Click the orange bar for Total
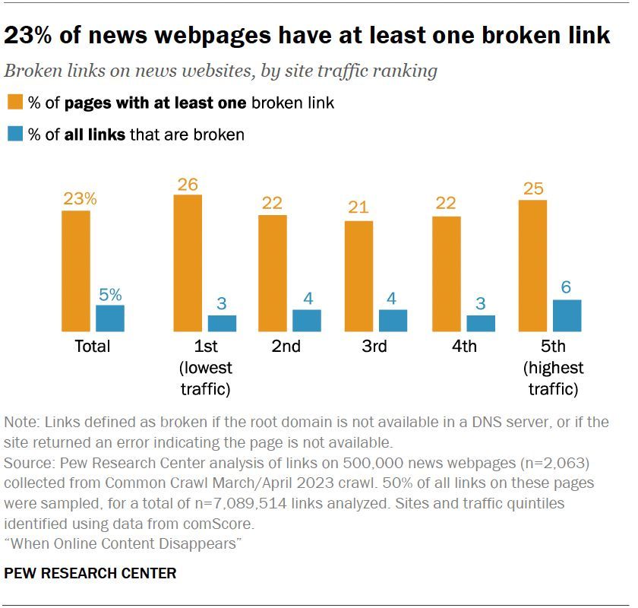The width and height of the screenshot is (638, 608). [x=76, y=271]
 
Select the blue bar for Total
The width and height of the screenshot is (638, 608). [x=110, y=318]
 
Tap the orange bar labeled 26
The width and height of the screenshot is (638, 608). [x=188, y=263]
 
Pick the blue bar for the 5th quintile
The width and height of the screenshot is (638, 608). [x=567, y=315]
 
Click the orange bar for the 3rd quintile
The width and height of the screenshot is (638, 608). [x=359, y=276]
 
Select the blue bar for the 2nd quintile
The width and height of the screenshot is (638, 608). [x=307, y=320]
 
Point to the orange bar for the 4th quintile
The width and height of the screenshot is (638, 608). [x=447, y=274]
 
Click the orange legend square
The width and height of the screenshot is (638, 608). [x=14, y=103]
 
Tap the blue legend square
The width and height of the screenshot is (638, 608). [x=14, y=135]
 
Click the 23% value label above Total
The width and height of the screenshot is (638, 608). [x=80, y=199]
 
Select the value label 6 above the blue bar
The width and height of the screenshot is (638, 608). [x=566, y=288]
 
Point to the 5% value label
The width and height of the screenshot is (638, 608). [x=110, y=294]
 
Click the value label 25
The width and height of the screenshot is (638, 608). [x=534, y=188]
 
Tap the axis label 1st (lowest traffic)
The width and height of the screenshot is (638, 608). [x=206, y=368]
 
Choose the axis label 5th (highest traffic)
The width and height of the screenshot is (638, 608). [x=554, y=368]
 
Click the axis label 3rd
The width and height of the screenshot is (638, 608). [x=374, y=347]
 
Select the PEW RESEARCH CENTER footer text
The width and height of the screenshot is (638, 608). [x=90, y=574]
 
